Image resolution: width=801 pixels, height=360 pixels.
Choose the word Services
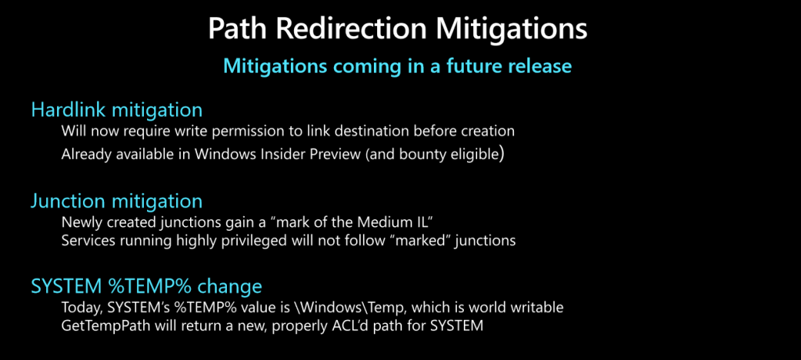[x=84, y=240]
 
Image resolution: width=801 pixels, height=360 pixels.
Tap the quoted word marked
[x=433, y=240]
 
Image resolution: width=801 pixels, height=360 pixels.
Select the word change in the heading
[x=229, y=286]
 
